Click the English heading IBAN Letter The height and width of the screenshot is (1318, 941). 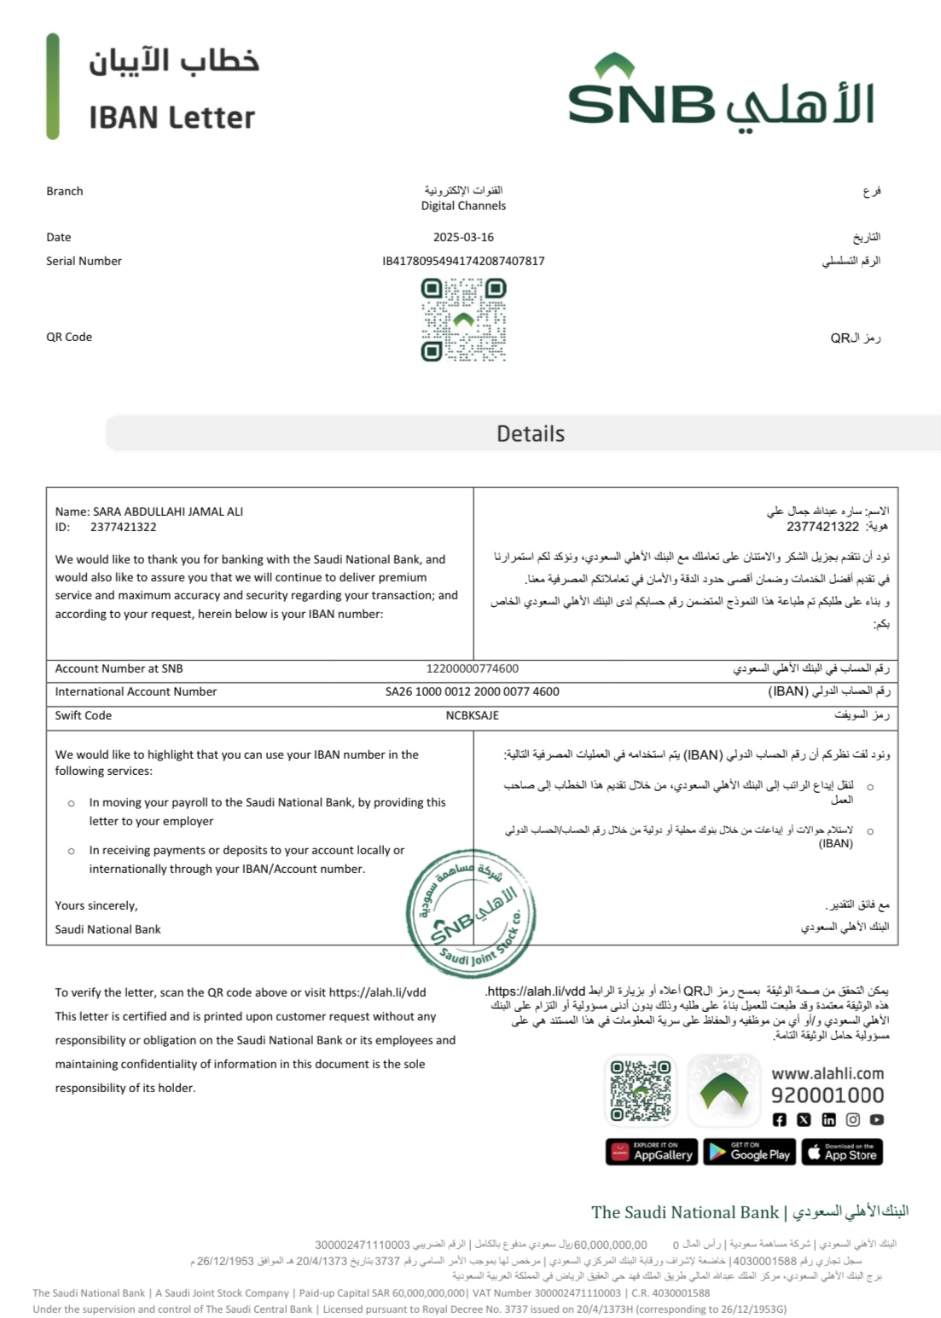[171, 118]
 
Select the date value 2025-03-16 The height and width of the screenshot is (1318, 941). [463, 237]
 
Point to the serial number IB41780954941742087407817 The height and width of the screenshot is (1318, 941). [463, 261]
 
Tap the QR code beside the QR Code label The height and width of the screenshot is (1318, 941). [463, 321]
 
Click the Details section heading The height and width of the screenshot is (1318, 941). [531, 434]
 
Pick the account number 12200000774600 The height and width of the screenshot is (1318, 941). [472, 668]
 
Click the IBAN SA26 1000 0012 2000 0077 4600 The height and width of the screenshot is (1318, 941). [472, 691]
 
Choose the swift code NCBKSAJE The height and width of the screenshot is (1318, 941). [472, 715]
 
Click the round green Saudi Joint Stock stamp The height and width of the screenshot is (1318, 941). [471, 910]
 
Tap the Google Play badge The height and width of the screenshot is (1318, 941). [749, 1152]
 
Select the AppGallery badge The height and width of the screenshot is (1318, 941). [652, 1152]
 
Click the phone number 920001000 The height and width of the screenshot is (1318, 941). [827, 1095]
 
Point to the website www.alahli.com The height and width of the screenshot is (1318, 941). [827, 1073]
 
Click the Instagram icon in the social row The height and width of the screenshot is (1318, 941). [852, 1119]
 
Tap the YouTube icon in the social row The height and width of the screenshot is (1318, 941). [876, 1119]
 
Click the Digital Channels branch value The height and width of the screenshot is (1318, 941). [463, 205]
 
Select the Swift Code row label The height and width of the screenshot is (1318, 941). [84, 715]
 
